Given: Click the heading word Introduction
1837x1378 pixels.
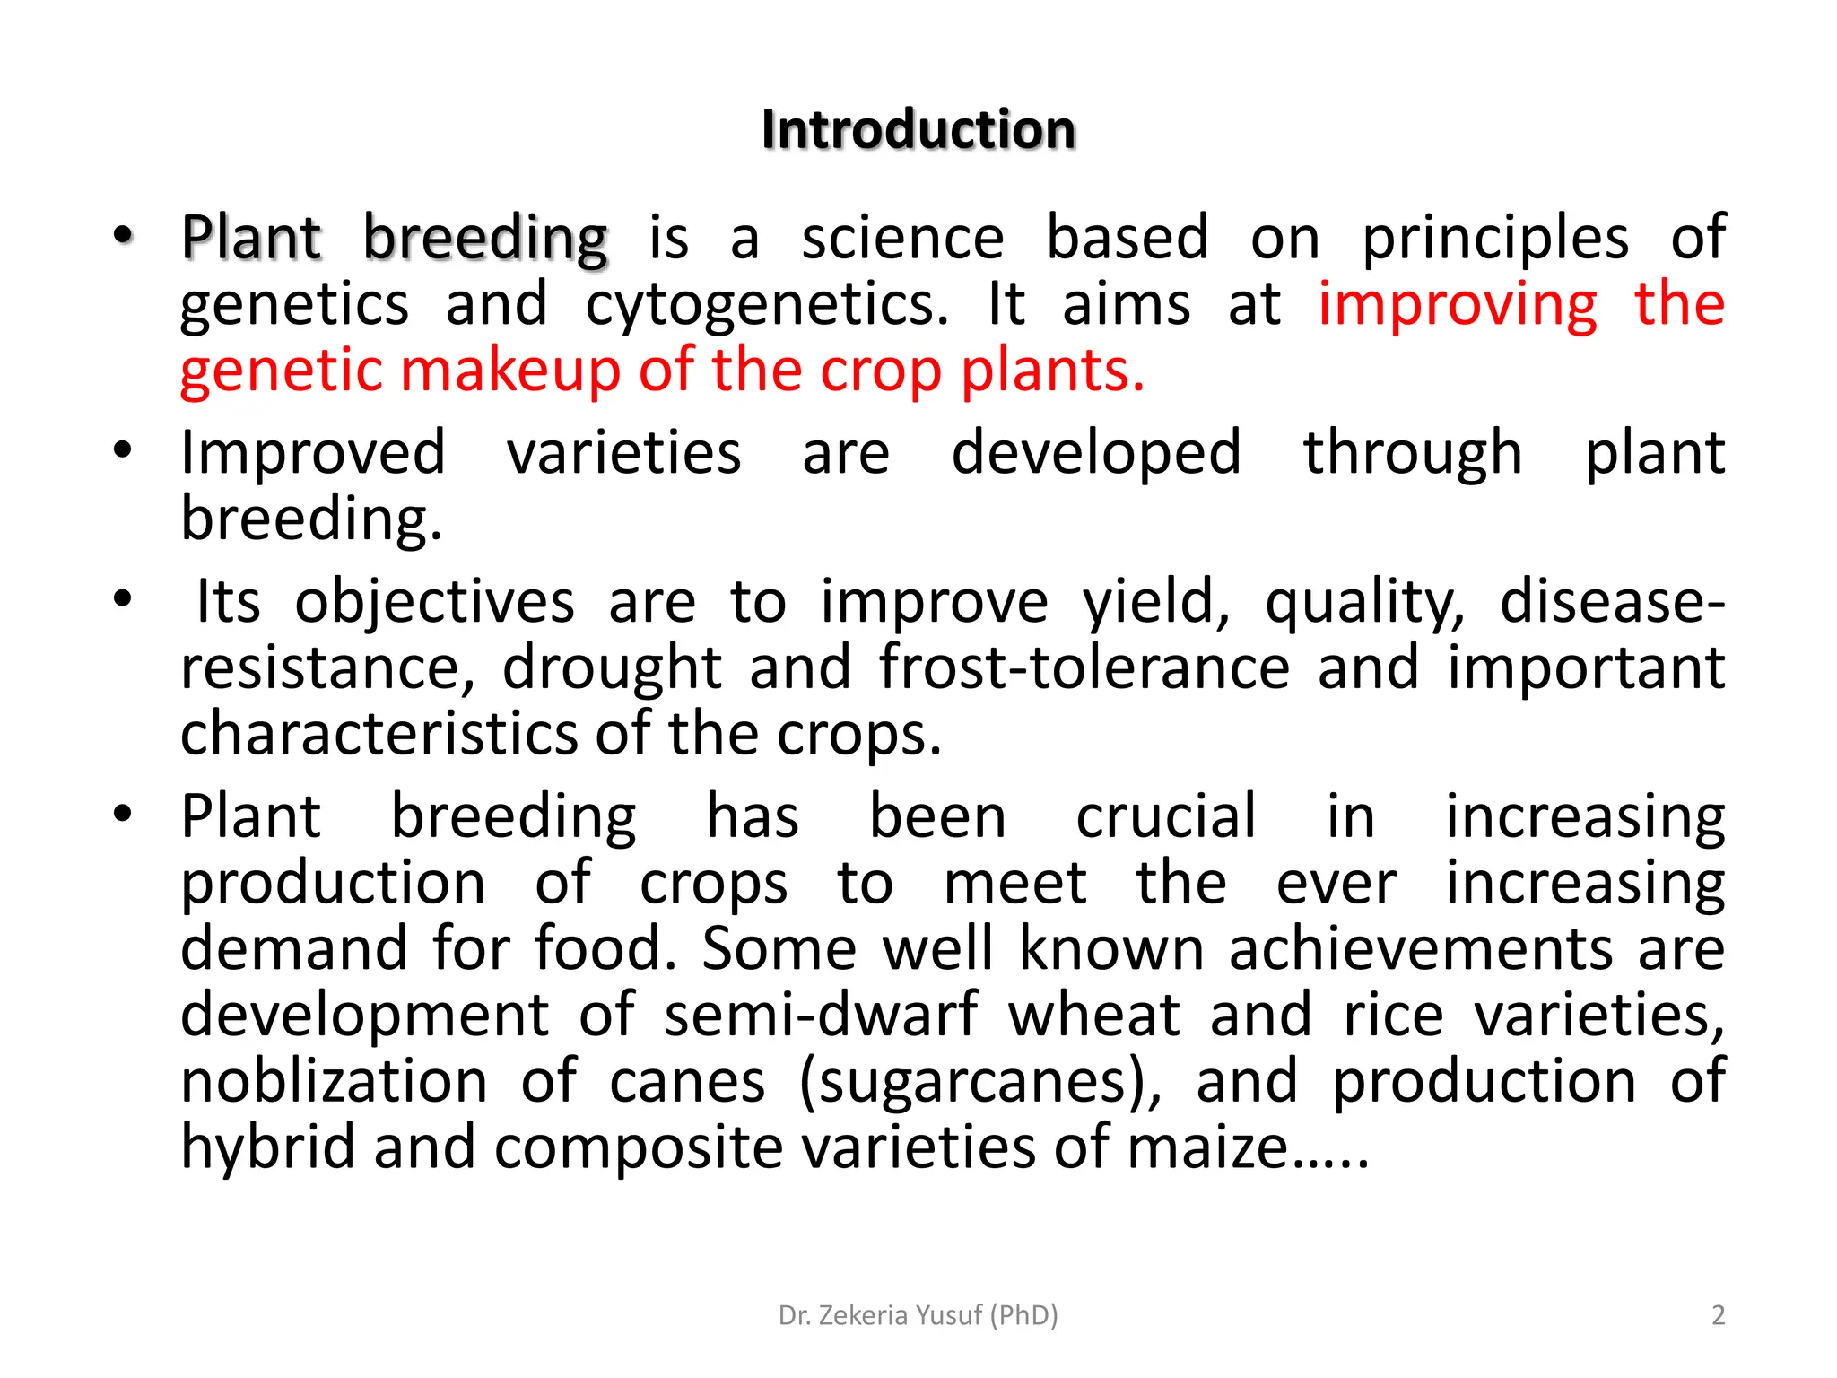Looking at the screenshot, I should [918, 129].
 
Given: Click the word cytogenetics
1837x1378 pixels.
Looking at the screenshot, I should [766, 305].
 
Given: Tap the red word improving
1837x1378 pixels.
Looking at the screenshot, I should [1458, 305].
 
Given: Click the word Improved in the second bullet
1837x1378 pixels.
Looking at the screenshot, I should [313, 452].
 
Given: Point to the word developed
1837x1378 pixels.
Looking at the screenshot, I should [1096, 452].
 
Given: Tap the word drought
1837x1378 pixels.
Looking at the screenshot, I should [612, 667].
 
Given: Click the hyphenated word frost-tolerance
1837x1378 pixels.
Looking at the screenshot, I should [1084, 667].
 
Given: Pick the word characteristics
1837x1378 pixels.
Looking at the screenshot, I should [379, 734].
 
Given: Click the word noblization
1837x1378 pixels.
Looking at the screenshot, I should [335, 1081].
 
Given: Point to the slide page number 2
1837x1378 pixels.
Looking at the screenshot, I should [1718, 1315].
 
